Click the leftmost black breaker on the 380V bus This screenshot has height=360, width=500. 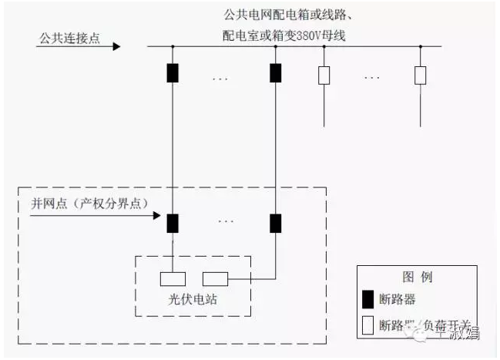173,73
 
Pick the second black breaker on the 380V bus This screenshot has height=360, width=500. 275,73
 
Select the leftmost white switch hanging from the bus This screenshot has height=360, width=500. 324,75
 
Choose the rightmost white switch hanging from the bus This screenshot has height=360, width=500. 421,75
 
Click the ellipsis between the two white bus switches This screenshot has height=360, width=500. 373,77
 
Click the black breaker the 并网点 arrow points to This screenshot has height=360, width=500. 173,223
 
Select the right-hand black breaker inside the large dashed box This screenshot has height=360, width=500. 275,223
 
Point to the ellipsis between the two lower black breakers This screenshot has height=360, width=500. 225,221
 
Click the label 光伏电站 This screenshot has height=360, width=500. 193,300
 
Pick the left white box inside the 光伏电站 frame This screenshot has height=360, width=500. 173,279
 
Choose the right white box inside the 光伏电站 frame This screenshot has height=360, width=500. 216,279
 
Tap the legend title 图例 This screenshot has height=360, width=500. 416,277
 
